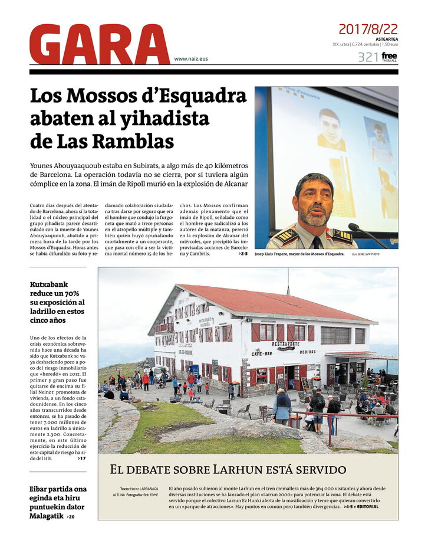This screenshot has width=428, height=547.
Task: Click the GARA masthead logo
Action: point(99,45)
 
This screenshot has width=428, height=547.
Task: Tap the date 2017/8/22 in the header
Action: point(367,29)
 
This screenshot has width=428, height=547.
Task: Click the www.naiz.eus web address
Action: point(191,59)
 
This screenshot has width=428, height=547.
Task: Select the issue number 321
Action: point(367,57)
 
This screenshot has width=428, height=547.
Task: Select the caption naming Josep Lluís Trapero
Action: point(299,254)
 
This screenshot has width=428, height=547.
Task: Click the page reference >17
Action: point(81,458)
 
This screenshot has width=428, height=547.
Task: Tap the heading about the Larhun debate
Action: point(228,470)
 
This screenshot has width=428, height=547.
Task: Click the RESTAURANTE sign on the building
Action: point(285,344)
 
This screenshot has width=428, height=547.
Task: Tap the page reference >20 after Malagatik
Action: point(71,517)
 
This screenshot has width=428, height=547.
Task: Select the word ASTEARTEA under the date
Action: point(386,39)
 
